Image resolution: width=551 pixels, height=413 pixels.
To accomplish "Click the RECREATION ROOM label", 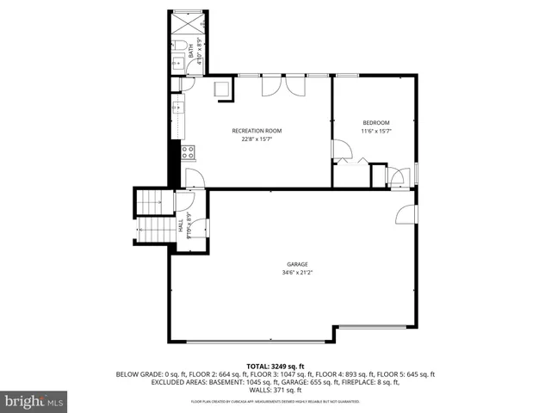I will pyautogui.click(x=257, y=131).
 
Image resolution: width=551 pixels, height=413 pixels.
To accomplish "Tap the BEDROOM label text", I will pyautogui.click(x=375, y=122).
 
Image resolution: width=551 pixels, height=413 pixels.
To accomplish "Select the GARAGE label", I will pyautogui.click(x=297, y=264).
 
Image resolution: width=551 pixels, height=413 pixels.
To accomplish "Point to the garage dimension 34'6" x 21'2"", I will pyautogui.click(x=297, y=273).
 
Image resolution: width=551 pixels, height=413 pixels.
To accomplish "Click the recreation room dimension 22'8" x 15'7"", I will pyautogui.click(x=257, y=139).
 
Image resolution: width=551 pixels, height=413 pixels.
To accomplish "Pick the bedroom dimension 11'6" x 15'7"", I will pyautogui.click(x=375, y=132).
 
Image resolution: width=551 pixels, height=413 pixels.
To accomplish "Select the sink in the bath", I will pyautogui.click(x=177, y=63).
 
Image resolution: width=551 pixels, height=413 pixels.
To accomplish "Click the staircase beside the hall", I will pyautogui.click(x=153, y=216).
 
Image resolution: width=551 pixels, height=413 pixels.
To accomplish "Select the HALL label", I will pyautogui.click(x=180, y=226).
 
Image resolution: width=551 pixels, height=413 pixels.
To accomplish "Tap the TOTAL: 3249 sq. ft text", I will pyautogui.click(x=275, y=367).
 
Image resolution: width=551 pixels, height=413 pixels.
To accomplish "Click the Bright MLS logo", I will pyautogui.click(x=34, y=401).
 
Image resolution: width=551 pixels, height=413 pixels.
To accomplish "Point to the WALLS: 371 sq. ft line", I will pyautogui.click(x=275, y=390).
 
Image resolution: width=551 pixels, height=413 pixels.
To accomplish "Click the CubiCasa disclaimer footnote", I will pyautogui.click(x=275, y=402).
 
